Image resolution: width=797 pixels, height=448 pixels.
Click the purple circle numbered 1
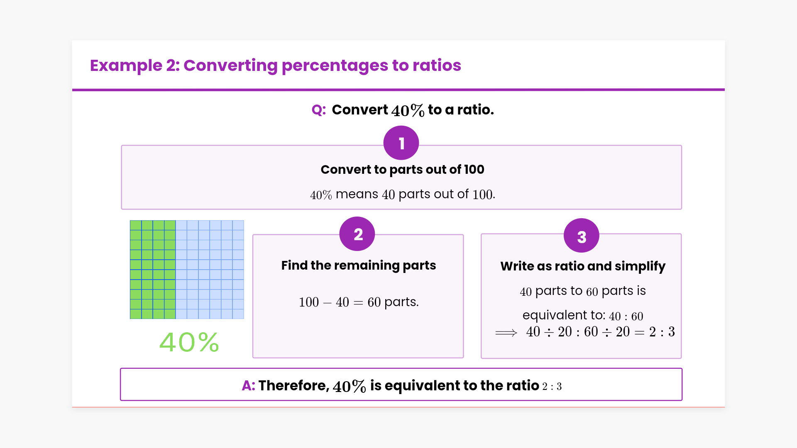[x=401, y=143]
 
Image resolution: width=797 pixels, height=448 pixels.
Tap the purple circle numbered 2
[x=357, y=234]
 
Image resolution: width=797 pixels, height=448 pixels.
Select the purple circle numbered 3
[x=581, y=236]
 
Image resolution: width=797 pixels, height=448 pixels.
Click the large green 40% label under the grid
[x=189, y=342]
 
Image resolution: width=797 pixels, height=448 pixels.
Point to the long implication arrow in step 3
[x=506, y=333]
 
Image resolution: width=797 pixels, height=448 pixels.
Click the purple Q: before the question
[x=319, y=110]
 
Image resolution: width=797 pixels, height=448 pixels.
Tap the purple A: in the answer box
[x=248, y=385]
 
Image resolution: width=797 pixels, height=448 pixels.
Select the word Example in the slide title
[x=126, y=66]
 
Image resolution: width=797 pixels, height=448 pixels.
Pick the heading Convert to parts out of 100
[x=402, y=169]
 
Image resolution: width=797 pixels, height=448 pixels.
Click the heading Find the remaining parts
[x=359, y=265]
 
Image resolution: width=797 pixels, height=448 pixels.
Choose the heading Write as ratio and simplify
[x=583, y=266]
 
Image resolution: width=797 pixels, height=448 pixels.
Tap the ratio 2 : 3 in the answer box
[x=552, y=387]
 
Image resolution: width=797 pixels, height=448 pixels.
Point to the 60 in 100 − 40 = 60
[x=374, y=302]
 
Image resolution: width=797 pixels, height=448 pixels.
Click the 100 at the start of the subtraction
[x=309, y=302]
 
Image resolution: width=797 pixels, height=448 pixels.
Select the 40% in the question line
[x=408, y=110]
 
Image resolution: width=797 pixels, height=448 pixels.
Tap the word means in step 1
[x=357, y=194]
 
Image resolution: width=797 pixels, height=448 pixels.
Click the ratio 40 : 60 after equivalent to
[x=626, y=317]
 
